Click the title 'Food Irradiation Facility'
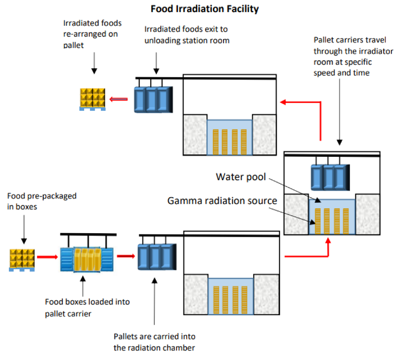pos(205,9)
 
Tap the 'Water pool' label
pos(241,177)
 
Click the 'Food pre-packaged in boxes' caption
pos(42,202)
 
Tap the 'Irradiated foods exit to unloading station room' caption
pos(187,35)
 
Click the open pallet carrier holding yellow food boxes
pos(87,260)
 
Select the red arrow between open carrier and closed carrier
pos(126,255)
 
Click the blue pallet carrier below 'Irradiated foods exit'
pos(152,99)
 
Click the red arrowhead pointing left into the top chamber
pos(284,102)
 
